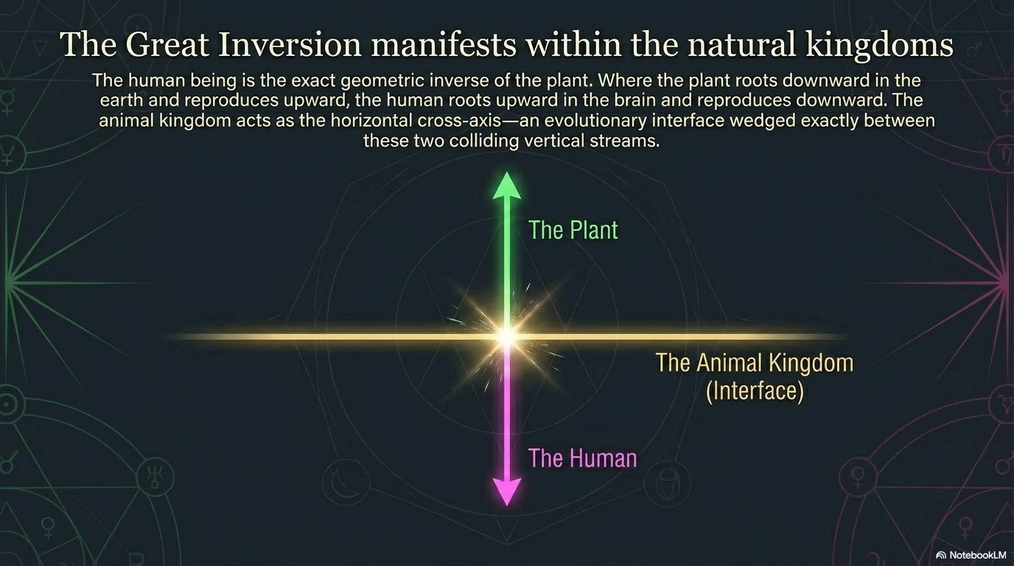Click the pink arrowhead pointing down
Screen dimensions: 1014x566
[x=506, y=492]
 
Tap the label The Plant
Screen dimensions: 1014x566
[x=573, y=230]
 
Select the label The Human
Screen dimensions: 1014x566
[x=583, y=458]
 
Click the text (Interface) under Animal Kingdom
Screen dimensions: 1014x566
[x=755, y=391]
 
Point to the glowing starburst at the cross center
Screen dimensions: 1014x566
[x=507, y=336]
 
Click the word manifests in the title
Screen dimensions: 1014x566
[x=443, y=44]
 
